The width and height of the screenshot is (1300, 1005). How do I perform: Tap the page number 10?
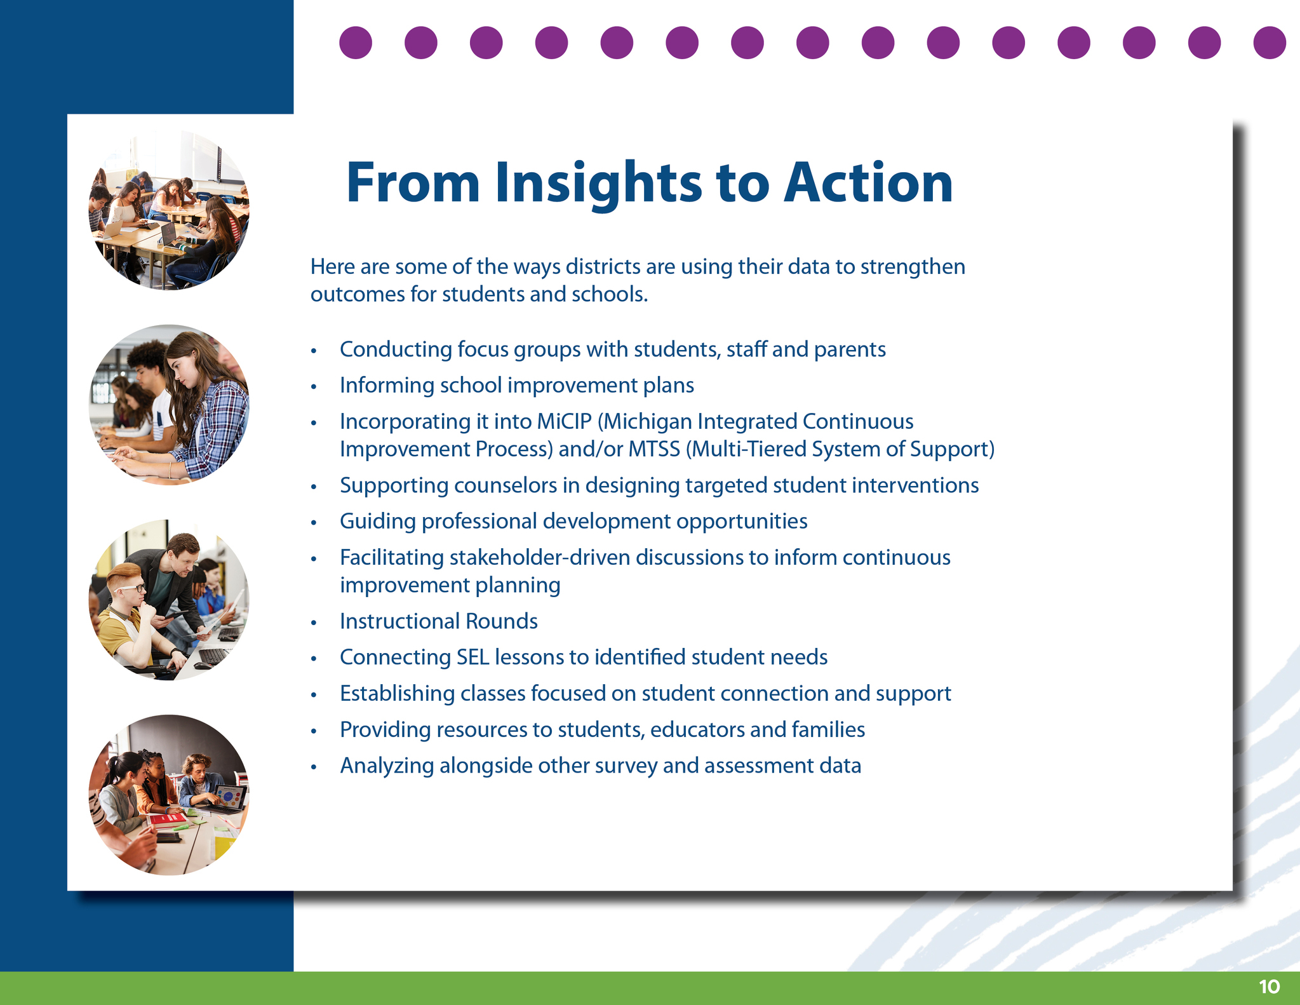1269,987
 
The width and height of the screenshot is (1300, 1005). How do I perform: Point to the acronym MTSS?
654,449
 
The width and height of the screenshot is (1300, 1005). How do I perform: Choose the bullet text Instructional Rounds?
439,621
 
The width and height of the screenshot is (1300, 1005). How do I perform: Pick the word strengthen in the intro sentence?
913,267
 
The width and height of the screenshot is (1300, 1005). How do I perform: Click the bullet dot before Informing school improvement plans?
313,386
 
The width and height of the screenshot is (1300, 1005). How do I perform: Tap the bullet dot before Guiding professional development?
313,522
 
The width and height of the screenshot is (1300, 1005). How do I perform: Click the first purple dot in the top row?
356,43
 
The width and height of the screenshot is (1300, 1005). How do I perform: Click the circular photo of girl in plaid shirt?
169,405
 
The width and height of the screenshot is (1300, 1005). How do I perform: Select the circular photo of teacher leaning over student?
169,600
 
